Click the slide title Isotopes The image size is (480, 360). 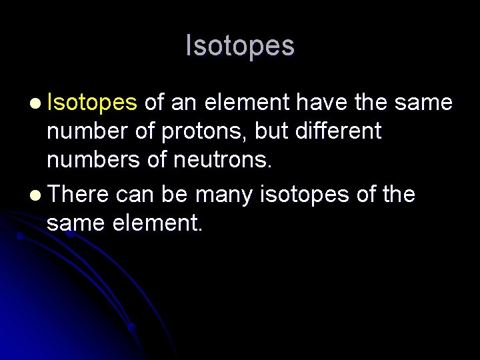click(x=240, y=46)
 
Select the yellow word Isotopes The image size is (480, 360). click(x=92, y=103)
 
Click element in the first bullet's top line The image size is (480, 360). click(x=247, y=103)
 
